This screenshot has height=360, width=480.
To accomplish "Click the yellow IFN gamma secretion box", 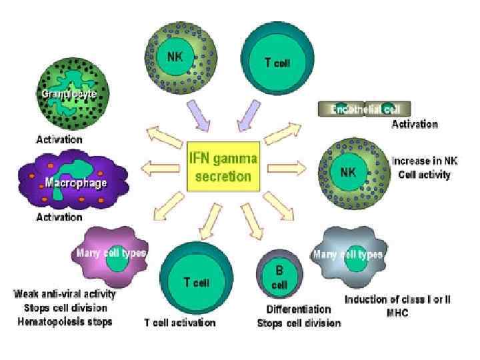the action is pyautogui.click(x=223, y=167).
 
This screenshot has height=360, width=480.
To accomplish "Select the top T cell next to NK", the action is pyautogui.click(x=275, y=62).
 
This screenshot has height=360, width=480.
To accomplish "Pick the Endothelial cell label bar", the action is pyautogui.click(x=363, y=109).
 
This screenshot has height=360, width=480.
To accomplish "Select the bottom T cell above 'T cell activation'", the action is pyautogui.click(x=194, y=279).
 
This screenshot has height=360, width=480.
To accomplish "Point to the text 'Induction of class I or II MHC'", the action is pyautogui.click(x=397, y=305).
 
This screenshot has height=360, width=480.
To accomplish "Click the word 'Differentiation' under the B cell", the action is pyautogui.click(x=299, y=309).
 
